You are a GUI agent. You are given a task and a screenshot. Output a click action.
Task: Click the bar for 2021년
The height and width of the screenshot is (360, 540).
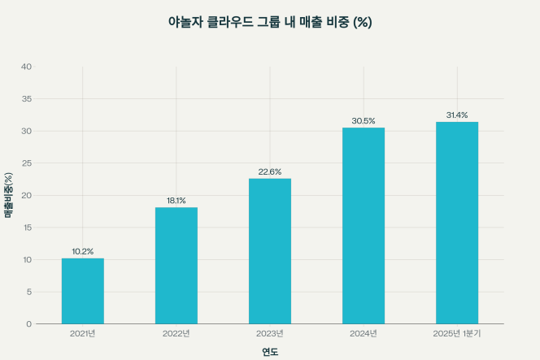click(83, 291)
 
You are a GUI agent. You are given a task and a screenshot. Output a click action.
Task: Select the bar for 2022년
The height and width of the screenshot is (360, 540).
click(176, 266)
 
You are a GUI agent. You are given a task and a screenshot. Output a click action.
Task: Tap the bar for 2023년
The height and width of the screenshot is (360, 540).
click(270, 251)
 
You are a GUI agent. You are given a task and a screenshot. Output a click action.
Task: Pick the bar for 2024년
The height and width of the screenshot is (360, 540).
click(364, 226)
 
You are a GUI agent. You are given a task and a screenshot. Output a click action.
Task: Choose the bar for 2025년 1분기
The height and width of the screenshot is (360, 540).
click(457, 223)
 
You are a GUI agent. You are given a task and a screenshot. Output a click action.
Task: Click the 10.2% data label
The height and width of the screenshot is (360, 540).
click(83, 251)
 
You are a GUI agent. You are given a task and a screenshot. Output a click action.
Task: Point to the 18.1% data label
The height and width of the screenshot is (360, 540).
click(176, 201)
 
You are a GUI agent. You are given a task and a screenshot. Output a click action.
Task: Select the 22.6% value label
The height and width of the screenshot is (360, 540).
click(270, 171)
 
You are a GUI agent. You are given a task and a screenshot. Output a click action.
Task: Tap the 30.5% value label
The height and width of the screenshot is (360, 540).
click(364, 121)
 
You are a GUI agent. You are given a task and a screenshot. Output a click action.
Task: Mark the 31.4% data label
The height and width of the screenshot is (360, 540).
click(457, 115)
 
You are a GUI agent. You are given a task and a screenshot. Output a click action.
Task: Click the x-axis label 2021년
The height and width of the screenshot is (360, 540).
click(83, 333)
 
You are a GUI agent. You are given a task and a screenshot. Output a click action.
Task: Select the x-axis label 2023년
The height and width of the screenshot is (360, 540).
click(270, 333)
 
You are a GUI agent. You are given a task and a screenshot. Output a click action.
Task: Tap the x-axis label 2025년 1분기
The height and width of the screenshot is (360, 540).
click(457, 333)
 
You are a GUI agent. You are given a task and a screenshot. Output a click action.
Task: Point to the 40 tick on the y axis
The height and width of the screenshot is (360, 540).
click(27, 67)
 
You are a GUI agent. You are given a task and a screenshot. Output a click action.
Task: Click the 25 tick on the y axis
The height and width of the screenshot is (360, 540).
click(27, 163)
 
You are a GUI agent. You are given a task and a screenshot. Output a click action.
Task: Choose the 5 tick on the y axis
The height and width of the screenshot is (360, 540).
click(29, 292)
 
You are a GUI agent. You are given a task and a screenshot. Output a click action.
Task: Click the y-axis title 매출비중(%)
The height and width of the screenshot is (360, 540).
click(9, 195)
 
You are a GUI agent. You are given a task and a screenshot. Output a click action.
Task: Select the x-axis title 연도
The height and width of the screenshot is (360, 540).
click(270, 352)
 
